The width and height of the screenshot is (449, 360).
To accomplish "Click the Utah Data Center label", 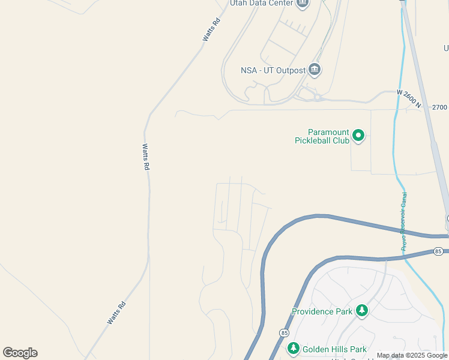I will (262, 3).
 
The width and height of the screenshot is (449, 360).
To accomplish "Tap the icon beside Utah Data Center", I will (303, 3).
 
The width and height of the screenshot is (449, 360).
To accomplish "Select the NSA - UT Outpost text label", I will (273, 70).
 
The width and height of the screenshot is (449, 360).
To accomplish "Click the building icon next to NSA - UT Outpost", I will (315, 70).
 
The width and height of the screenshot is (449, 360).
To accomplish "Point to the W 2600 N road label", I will (410, 98).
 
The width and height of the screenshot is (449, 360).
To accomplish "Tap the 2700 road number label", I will (439, 107).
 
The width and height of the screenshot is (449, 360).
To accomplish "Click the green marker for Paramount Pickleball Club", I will (358, 136).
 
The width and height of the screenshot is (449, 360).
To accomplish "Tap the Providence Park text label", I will (322, 311).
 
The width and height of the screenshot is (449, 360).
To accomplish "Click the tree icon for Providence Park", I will (361, 311).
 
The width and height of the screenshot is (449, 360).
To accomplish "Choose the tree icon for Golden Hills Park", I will (293, 349).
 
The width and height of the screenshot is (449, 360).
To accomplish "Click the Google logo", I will (20, 353).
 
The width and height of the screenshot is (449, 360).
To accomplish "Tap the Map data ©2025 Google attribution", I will (412, 355).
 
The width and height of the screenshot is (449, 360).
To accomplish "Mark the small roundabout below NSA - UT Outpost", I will (317, 97).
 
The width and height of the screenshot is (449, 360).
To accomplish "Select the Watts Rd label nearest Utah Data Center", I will (211, 30).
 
